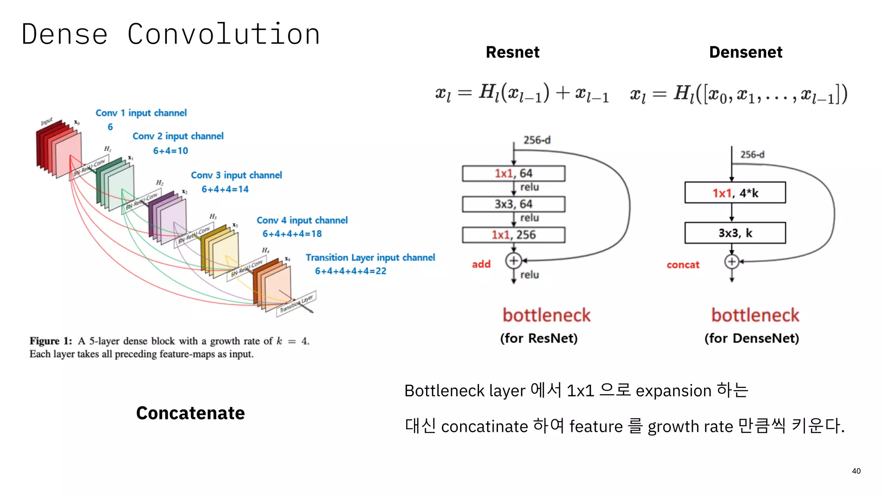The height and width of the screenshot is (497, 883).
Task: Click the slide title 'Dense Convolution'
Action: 171,35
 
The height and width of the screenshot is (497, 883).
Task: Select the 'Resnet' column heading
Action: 512,52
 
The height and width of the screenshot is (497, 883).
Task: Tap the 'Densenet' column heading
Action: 745,52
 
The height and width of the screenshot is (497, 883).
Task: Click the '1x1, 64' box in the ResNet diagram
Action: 514,173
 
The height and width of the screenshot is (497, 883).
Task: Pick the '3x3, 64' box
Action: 514,204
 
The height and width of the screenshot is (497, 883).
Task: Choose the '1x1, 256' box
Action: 514,235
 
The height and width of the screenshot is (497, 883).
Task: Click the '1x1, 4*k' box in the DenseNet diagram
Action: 735,193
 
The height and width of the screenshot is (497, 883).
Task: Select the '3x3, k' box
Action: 735,233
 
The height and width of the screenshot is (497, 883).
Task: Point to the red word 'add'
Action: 481,264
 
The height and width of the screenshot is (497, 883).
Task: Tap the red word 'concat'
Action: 683,265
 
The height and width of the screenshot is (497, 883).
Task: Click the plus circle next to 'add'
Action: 514,261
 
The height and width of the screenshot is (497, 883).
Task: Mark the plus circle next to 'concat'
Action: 732,261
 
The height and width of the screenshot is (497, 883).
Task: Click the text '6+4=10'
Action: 171,151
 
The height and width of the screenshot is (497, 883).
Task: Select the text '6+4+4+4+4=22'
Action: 351,271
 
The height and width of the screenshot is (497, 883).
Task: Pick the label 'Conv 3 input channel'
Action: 236,175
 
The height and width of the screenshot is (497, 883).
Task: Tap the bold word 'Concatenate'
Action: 190,413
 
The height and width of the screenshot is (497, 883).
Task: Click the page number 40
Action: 856,471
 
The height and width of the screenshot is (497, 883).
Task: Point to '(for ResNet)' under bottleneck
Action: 539,338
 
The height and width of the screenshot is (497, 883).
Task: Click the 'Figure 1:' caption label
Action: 50,341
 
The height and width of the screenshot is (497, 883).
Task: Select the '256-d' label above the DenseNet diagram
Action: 752,154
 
